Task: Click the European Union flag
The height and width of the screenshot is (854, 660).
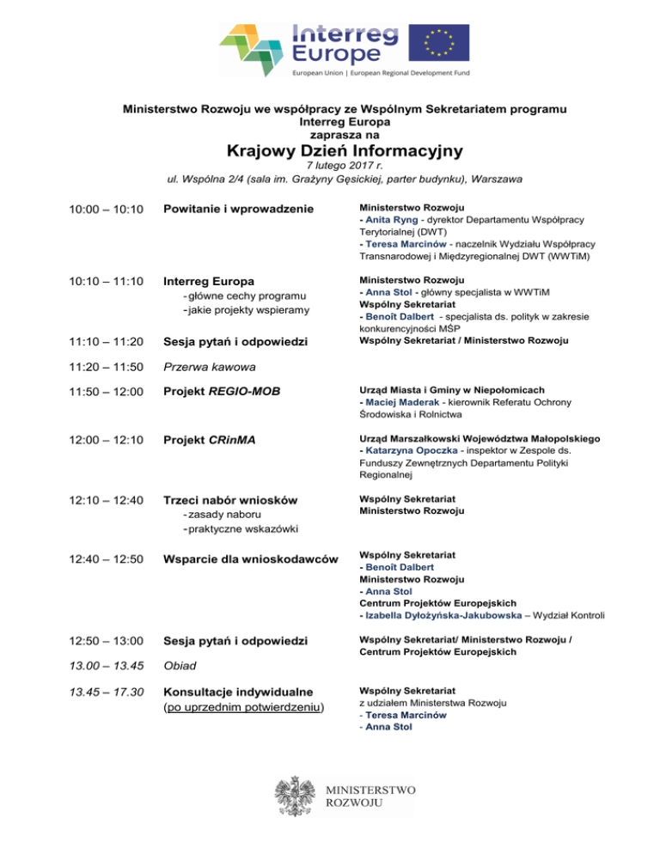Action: pyautogui.click(x=438, y=43)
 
